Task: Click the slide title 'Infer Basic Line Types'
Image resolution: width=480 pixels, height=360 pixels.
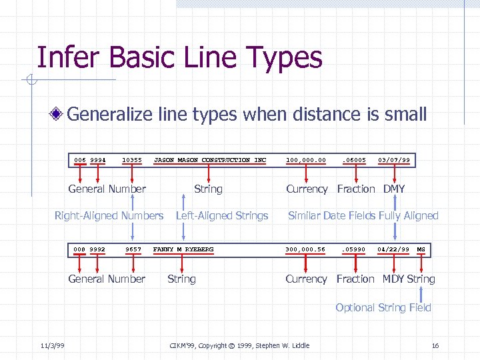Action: (x=179, y=58)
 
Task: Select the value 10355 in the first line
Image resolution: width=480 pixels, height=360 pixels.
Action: (x=132, y=160)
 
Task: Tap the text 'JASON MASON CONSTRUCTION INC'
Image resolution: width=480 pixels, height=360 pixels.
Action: (x=210, y=160)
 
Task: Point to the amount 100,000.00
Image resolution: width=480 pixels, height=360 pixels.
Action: (x=306, y=160)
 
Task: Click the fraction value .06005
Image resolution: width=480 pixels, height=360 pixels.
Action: (x=354, y=160)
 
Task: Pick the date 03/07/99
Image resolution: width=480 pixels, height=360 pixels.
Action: (x=394, y=160)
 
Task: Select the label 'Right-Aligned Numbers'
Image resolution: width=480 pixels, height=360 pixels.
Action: (x=109, y=215)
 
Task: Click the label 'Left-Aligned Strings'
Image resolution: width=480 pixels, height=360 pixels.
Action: (x=221, y=215)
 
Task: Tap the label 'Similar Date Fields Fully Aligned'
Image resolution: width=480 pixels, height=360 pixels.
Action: (x=363, y=215)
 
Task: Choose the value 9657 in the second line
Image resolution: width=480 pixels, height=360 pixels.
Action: (x=134, y=249)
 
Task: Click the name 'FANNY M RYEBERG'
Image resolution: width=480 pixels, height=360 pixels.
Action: (x=184, y=249)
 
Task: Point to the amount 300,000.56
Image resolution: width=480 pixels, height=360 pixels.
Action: (x=306, y=249)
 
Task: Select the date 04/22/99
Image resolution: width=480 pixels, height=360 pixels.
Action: (x=393, y=249)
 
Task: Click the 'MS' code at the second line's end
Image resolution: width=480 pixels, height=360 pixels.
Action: (x=421, y=249)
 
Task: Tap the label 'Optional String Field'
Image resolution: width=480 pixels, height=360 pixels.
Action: (x=383, y=307)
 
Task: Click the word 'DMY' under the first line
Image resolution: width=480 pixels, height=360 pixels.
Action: (x=393, y=189)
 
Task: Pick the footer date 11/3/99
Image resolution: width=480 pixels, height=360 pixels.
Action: (x=51, y=345)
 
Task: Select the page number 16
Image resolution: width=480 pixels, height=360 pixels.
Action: (x=435, y=345)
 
